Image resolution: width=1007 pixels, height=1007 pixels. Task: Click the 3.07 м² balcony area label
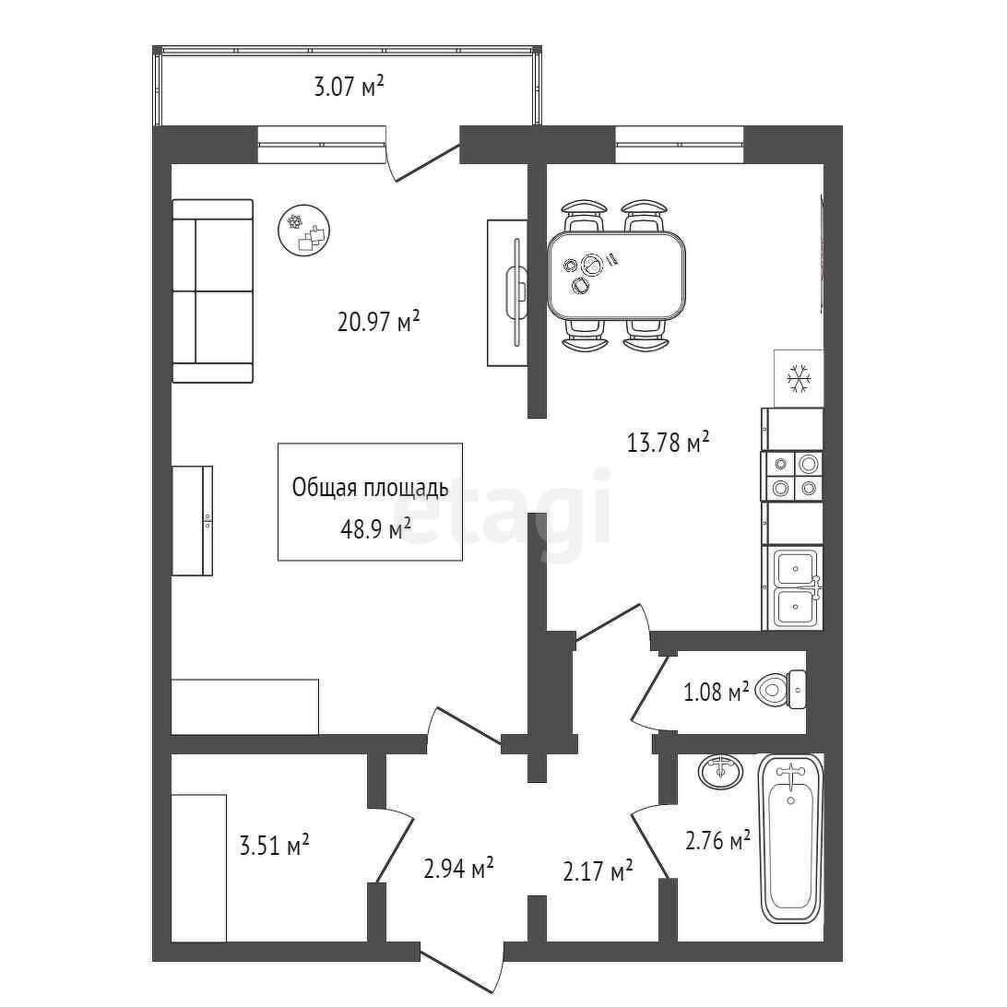pyautogui.click(x=349, y=86)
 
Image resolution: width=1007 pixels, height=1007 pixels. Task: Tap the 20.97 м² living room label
pyautogui.click(x=378, y=321)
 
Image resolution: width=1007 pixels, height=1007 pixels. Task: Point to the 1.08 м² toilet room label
pyautogui.click(x=717, y=692)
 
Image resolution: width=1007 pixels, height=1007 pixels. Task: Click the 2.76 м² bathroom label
pyautogui.click(x=718, y=839)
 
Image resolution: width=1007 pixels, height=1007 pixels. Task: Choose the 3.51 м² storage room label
pyautogui.click(x=274, y=845)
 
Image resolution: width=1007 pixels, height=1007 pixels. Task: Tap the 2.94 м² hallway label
pyautogui.click(x=458, y=869)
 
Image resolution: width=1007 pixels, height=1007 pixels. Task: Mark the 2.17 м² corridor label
pyautogui.click(x=598, y=871)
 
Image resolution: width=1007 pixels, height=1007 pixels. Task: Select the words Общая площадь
pyautogui.click(x=371, y=488)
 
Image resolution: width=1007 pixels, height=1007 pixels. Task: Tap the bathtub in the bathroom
pyautogui.click(x=791, y=839)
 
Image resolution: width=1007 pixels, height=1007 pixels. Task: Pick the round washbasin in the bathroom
pyautogui.click(x=721, y=771)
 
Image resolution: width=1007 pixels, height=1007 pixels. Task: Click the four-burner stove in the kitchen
pyautogui.click(x=792, y=476)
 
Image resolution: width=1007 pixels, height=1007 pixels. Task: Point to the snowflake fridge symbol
pyautogui.click(x=799, y=378)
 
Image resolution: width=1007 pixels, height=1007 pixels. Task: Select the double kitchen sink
pyautogui.click(x=795, y=588)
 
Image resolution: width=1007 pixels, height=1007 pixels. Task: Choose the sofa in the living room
pyautogui.click(x=213, y=290)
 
